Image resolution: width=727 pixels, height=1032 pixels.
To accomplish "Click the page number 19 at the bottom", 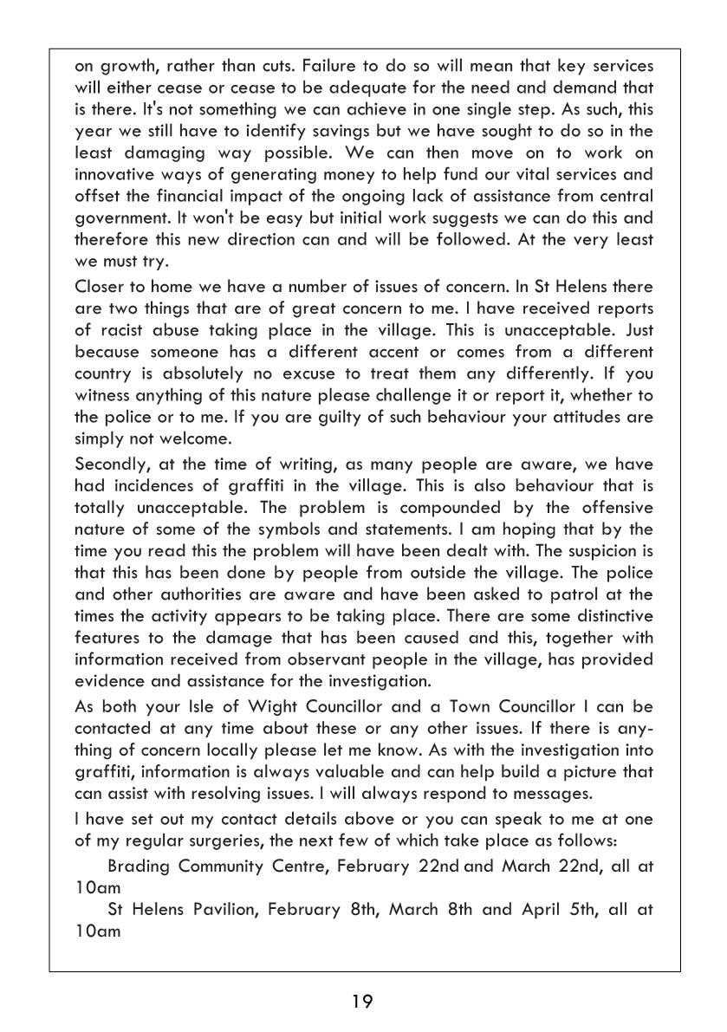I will (362, 1003).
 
